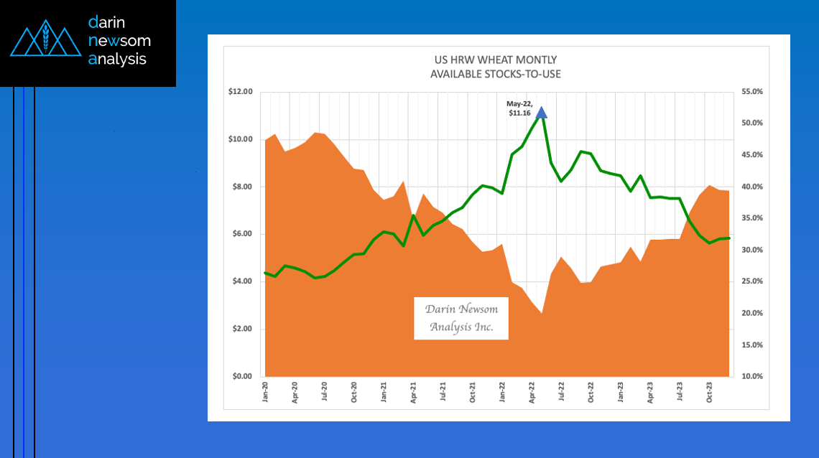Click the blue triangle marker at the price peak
tap(542, 113)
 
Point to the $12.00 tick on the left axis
tap(241, 92)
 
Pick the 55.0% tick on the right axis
tap(751, 92)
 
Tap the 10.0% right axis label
tap(751, 376)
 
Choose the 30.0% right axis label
tap(751, 250)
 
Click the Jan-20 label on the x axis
tap(266, 391)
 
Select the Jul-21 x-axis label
tap(443, 391)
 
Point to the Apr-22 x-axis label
tap(532, 391)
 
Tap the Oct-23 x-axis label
tap(709, 391)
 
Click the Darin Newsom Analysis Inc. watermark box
tap(461, 318)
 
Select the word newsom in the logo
tap(119, 41)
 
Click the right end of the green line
tap(729, 238)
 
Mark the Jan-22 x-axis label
tap(502, 391)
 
